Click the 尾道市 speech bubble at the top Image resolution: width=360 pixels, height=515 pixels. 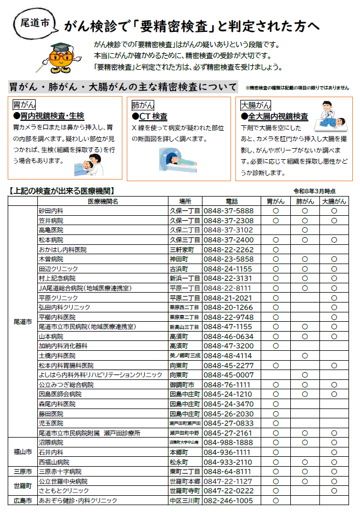coord(34,24)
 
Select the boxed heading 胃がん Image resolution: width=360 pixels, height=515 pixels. coord(24,104)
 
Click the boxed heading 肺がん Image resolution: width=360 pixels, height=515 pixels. coord(143,104)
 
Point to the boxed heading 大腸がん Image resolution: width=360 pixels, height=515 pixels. coord(256,104)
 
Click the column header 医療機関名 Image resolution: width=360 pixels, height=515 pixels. coord(103,201)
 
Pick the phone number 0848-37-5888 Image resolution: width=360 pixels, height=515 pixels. coord(228,210)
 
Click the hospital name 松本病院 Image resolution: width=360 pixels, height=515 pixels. coord(51,239)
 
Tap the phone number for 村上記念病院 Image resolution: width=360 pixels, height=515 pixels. coord(228,278)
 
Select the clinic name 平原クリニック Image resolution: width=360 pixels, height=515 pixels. coord(59,298)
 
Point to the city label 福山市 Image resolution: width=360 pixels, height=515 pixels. coord(22,452)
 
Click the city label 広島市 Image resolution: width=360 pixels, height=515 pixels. coord(22,500)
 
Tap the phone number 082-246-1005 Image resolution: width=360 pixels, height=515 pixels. coord(228,500)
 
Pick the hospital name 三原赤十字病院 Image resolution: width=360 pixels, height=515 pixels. coord(60,471)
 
